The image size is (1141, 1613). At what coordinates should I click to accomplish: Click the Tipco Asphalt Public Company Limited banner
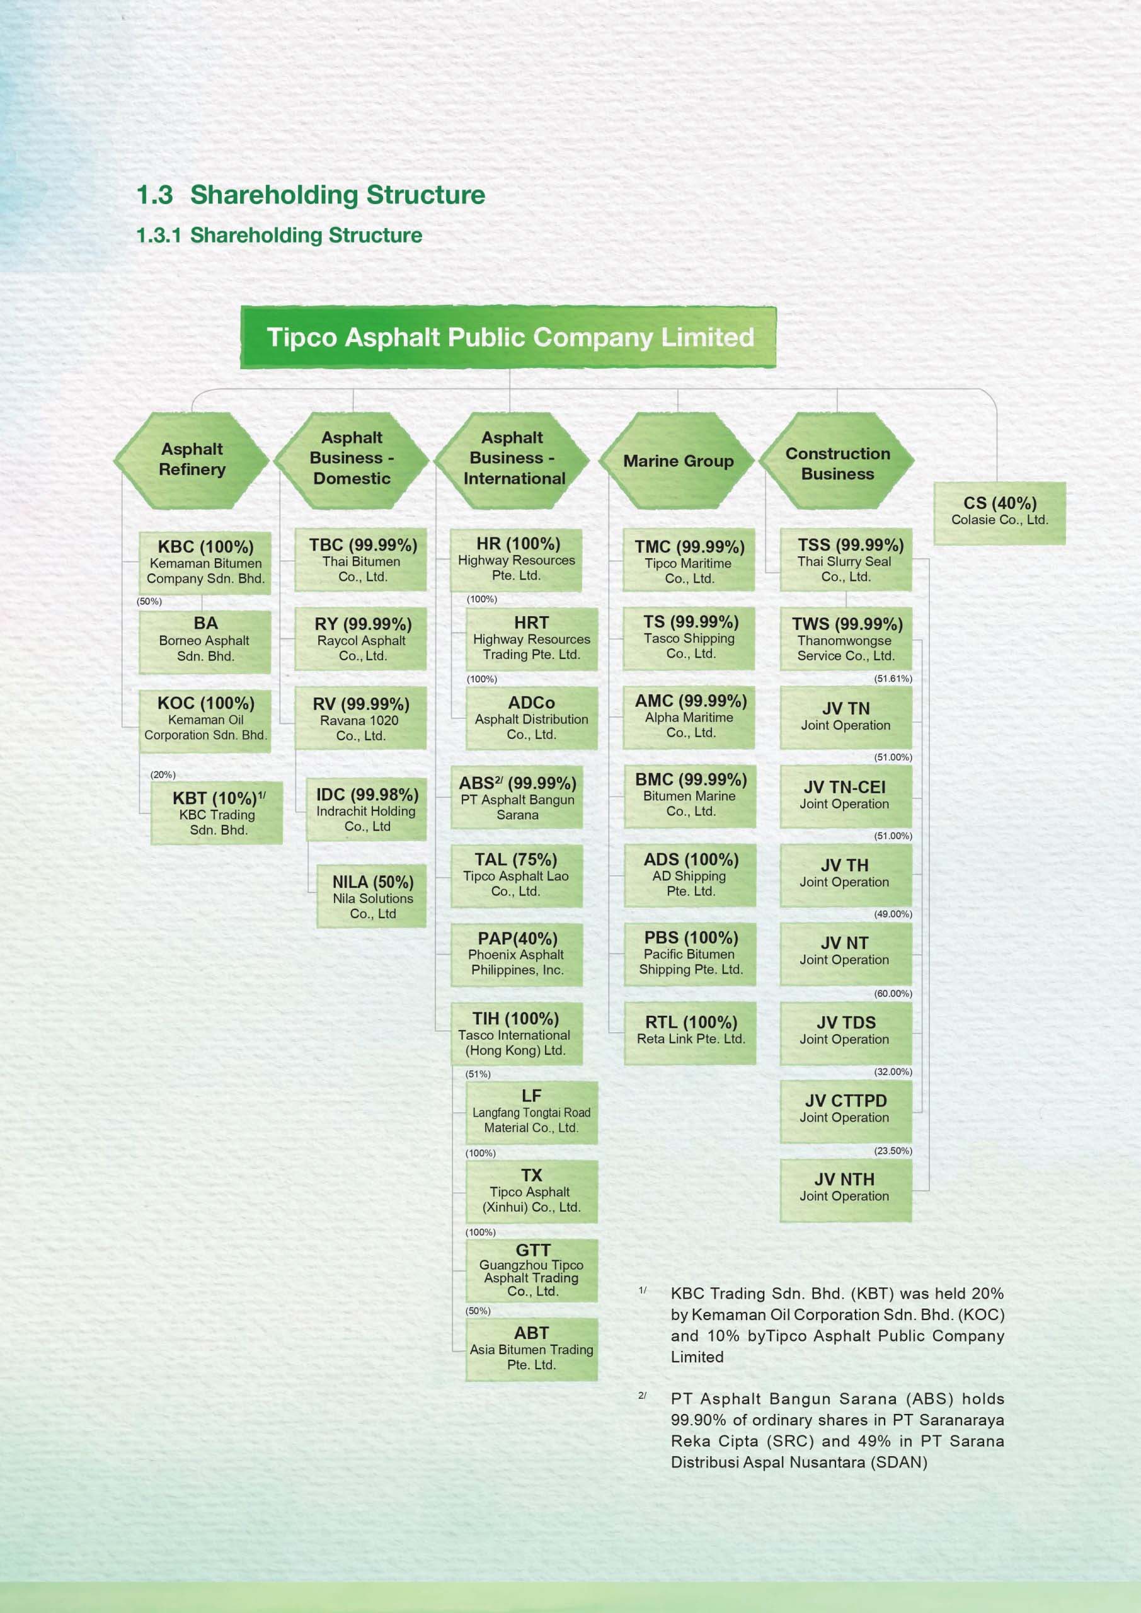pos(508,337)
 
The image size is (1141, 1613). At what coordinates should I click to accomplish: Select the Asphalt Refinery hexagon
pos(192,459)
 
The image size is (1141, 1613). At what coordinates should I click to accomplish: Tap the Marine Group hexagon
pos(677,461)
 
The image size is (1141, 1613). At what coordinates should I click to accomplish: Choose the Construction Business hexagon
pos(837,463)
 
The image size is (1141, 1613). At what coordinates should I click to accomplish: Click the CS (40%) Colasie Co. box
pos(999,513)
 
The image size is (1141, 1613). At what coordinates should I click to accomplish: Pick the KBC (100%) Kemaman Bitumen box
pos(205,563)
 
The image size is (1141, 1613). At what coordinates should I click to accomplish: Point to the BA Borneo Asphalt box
pos(205,641)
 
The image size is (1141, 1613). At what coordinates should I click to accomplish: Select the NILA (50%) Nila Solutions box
pos(372,897)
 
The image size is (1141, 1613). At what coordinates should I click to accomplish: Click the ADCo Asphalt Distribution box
pos(531,718)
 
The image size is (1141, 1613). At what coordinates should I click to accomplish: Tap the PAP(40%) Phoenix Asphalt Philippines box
pos(517,954)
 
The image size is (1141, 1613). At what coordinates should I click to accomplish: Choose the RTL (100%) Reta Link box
pos(690,1031)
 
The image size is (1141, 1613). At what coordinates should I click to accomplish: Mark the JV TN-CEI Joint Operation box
pos(846,795)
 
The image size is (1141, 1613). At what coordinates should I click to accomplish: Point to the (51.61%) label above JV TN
pos(892,679)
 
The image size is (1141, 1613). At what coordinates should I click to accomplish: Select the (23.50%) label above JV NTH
pos(892,1151)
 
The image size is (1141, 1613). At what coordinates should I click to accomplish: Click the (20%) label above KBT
pos(163,774)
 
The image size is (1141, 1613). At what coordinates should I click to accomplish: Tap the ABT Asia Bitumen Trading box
pos(531,1349)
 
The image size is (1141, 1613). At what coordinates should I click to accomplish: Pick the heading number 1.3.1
pos(158,236)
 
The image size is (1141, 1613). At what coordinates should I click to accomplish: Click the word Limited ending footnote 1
pos(696,1357)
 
